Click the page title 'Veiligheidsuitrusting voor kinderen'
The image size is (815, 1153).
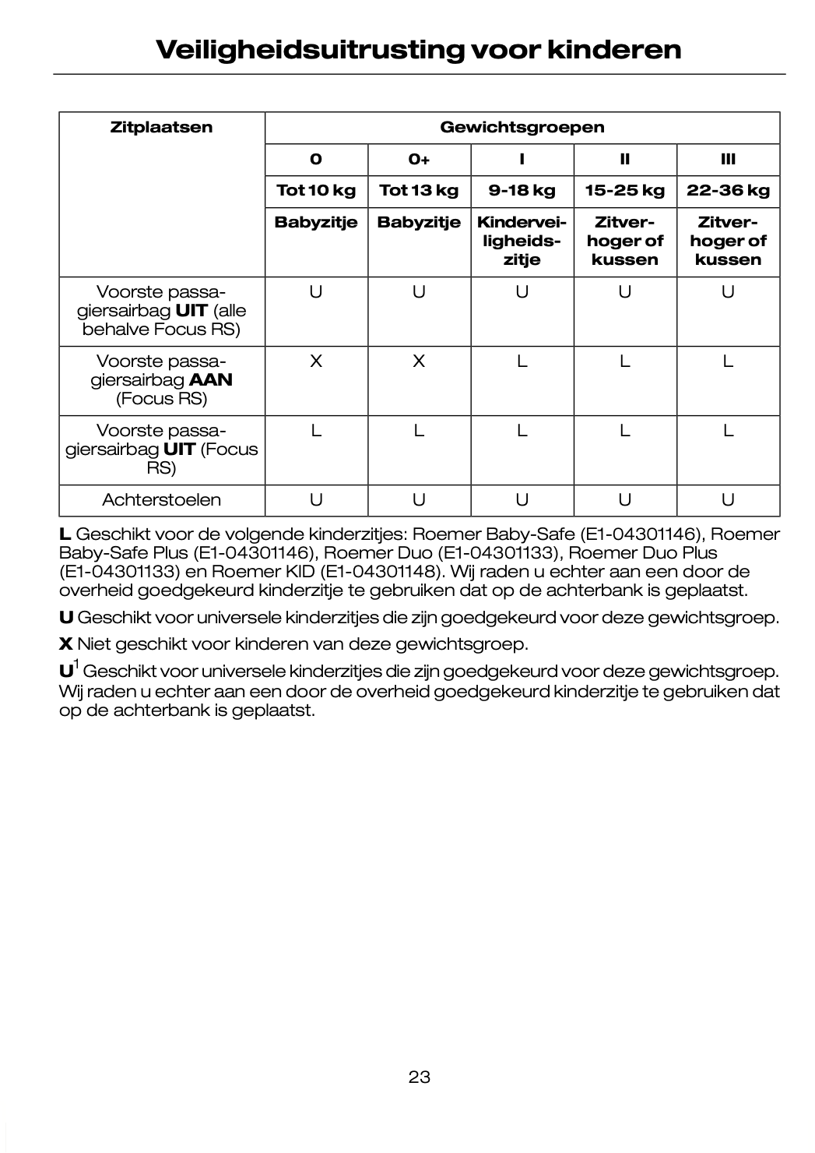pyautogui.click(x=419, y=50)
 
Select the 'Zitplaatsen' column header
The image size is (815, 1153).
pyautogui.click(x=161, y=128)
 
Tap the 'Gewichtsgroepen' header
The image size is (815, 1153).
pyautogui.click(x=522, y=128)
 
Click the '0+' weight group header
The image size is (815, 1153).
pyautogui.click(x=419, y=160)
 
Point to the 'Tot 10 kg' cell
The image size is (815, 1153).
pyautogui.click(x=316, y=190)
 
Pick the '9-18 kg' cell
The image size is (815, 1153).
pyautogui.click(x=522, y=190)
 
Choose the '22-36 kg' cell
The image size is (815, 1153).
pyautogui.click(x=728, y=190)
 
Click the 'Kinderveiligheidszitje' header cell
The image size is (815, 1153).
pyautogui.click(x=522, y=241)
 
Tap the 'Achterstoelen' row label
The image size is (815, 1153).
pyautogui.click(x=161, y=500)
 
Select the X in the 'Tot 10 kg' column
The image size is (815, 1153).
pyautogui.click(x=316, y=361)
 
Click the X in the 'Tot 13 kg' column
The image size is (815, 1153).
pyautogui.click(x=419, y=361)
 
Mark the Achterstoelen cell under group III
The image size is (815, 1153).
pyautogui.click(x=728, y=500)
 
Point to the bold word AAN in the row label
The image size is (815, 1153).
pyautogui.click(x=211, y=380)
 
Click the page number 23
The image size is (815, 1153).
pyautogui.click(x=419, y=1077)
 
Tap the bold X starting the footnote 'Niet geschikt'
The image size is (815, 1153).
pyautogui.click(x=65, y=644)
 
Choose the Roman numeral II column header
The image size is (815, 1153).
pyautogui.click(x=624, y=160)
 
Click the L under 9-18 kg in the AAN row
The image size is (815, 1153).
pyautogui.click(x=522, y=361)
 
